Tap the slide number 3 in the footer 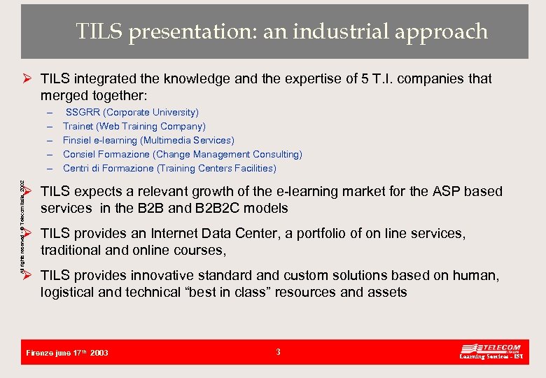point(278,352)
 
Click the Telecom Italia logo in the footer point(491,351)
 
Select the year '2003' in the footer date point(99,353)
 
